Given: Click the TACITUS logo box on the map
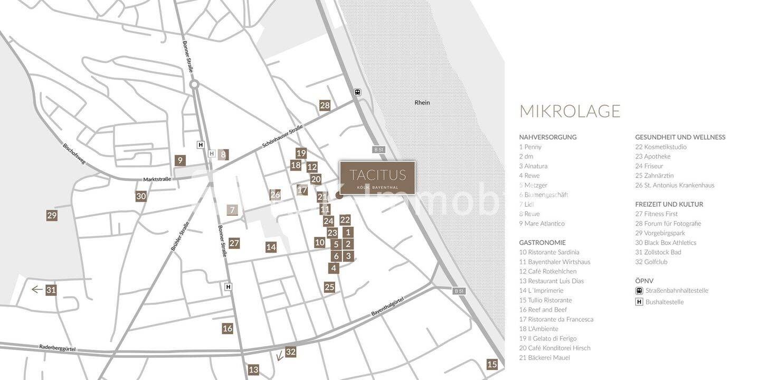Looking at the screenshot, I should click(377, 178).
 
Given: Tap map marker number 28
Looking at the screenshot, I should click(325, 105).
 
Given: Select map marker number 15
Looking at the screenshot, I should click(492, 364).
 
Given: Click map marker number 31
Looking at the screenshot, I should click(51, 290).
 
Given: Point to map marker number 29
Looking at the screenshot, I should click(52, 215).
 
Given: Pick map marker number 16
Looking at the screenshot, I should click(227, 328).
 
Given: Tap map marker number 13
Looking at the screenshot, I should click(253, 369).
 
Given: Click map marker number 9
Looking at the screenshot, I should click(180, 160).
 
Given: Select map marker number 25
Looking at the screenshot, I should click(329, 287).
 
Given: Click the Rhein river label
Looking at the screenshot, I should click(422, 103).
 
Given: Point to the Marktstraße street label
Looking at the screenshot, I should click(157, 179).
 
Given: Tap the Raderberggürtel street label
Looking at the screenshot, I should click(57, 348).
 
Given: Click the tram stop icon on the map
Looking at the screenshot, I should click(357, 92).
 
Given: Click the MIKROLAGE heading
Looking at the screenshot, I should click(569, 111).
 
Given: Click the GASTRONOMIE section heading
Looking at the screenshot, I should click(542, 243).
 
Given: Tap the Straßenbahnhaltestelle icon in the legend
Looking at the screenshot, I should click(639, 291).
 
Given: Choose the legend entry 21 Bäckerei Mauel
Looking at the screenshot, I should click(544, 358).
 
